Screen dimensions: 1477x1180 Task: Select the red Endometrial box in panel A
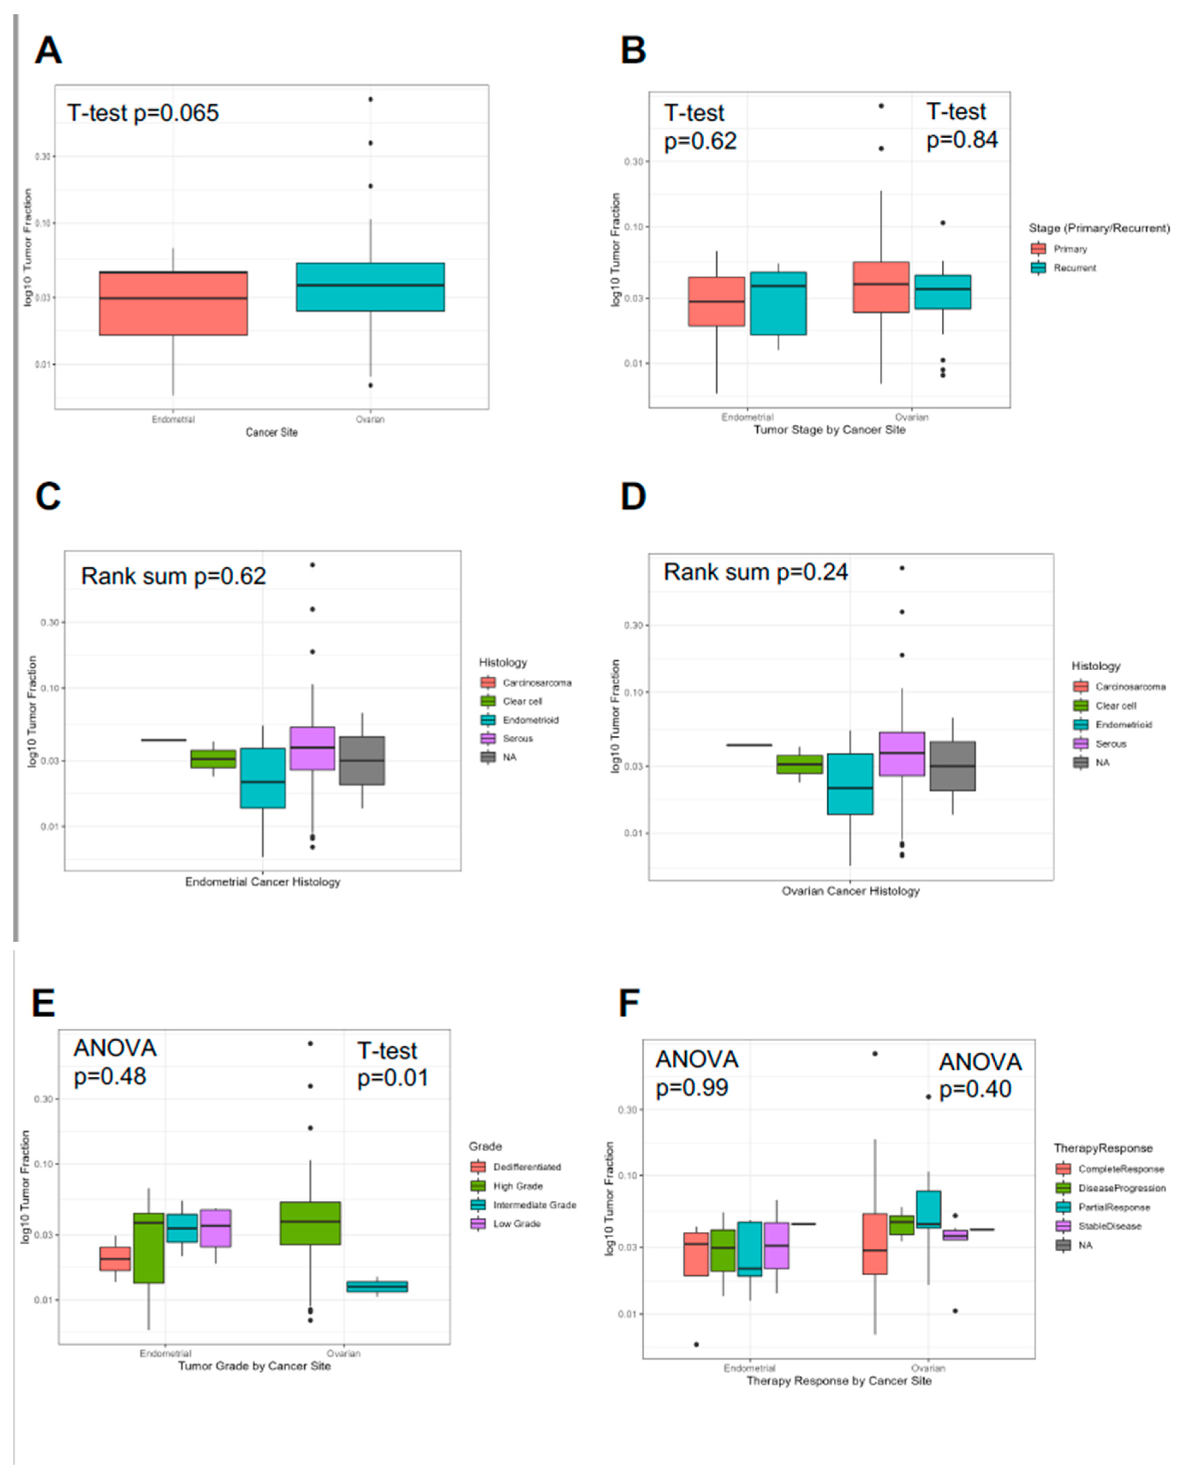pos(173,303)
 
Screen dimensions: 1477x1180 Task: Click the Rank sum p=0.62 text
pos(173,576)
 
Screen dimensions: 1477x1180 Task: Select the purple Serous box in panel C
pos(312,748)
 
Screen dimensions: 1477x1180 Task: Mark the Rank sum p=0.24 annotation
pos(755,572)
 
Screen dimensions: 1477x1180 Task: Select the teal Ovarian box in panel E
pos(377,1287)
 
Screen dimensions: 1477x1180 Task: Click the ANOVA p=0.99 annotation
pos(696,1073)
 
